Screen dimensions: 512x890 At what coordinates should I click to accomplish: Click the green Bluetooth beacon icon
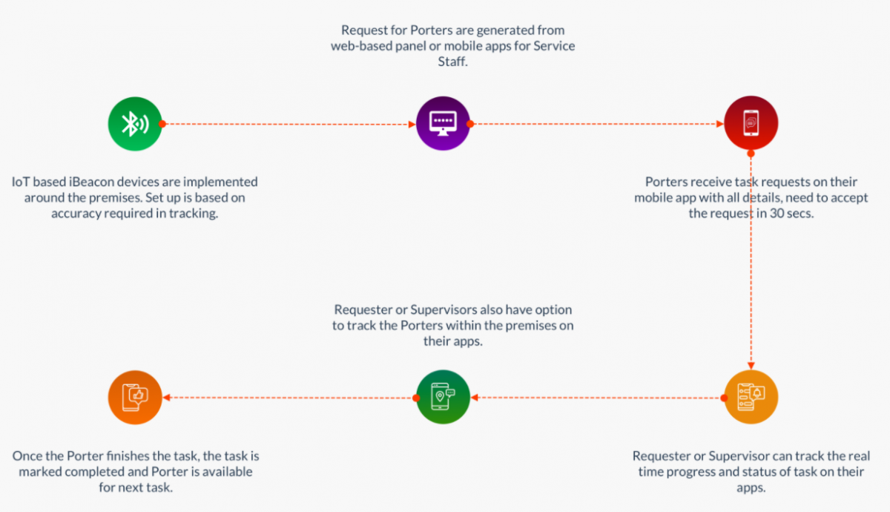134,124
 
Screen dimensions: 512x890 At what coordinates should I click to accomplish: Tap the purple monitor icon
443,124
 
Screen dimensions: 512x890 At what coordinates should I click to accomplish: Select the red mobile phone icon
751,124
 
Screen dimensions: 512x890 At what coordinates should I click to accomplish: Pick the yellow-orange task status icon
751,397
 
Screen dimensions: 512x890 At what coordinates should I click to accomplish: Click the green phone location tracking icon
443,397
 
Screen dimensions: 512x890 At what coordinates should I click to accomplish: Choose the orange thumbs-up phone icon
134,397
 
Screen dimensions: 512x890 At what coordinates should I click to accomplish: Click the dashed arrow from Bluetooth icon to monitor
289,124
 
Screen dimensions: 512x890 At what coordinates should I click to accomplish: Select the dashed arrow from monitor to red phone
597,124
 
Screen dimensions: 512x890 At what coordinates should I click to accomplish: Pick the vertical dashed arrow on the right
751,260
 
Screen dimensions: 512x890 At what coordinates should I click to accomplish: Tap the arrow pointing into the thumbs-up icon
289,398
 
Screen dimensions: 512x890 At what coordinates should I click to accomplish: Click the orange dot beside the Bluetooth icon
162,124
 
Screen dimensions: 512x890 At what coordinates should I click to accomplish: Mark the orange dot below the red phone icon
751,154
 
